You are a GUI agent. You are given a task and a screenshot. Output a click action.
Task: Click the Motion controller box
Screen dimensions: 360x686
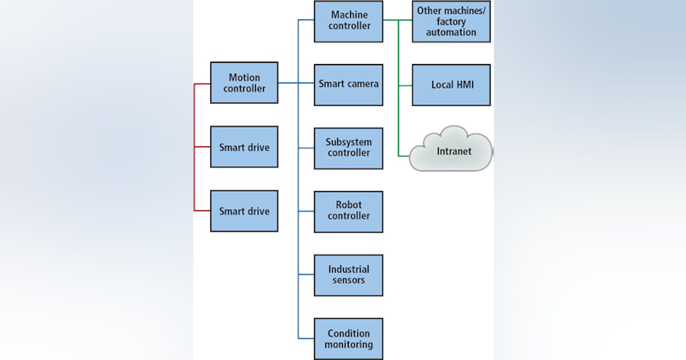pos(244,83)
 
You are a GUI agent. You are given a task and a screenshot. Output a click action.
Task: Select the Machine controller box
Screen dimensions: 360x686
pos(348,21)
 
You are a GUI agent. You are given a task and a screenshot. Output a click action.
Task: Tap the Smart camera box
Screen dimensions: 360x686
pos(348,84)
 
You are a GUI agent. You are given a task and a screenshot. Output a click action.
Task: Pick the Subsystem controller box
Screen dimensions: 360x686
pos(348,147)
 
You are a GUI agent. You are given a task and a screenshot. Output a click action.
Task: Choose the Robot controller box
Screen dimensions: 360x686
pos(348,211)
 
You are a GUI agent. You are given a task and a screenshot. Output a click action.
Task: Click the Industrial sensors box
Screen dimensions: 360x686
pos(348,275)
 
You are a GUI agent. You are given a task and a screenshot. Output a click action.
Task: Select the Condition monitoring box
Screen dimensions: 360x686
pos(348,338)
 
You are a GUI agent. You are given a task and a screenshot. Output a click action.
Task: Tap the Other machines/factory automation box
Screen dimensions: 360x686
pos(451,22)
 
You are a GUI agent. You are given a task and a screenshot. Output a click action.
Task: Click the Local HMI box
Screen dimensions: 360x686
pos(451,85)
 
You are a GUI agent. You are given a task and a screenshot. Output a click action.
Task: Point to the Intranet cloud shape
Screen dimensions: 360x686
pos(451,151)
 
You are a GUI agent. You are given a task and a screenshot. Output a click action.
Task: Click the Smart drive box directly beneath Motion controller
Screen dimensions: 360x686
pos(244,147)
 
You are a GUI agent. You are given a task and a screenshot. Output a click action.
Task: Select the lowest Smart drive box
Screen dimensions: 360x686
pos(244,211)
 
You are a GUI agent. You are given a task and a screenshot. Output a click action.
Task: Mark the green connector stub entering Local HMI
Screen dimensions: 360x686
pos(405,86)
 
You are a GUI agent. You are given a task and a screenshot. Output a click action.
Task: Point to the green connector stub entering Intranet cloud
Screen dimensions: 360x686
pos(404,155)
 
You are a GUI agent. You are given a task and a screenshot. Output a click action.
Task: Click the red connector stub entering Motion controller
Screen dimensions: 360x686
pos(202,84)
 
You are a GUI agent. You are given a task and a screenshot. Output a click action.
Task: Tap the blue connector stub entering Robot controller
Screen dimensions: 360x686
pos(306,211)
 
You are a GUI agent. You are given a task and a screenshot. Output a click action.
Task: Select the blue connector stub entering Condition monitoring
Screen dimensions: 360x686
pos(306,339)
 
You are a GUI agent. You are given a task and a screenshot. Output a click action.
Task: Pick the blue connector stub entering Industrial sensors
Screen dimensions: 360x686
pos(306,275)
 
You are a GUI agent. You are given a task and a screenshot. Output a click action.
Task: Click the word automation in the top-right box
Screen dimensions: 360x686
pos(451,33)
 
